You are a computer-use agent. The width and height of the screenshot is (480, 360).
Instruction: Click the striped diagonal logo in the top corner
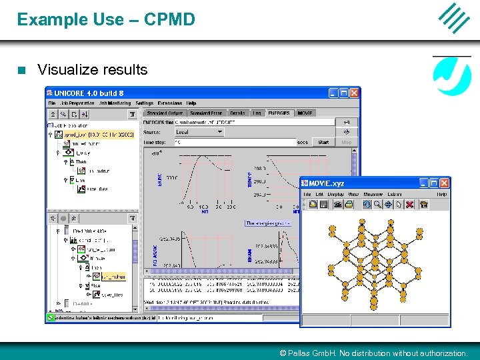[454, 18]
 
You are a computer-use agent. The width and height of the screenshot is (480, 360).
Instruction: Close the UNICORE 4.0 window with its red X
[354, 93]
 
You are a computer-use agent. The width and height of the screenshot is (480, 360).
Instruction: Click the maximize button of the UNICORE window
[343, 93]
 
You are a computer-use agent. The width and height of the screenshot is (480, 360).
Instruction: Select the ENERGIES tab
[279, 113]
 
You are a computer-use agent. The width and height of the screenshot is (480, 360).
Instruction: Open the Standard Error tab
[206, 113]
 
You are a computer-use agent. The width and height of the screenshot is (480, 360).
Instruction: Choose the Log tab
[257, 113]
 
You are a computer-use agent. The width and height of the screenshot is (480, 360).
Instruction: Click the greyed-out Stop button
[346, 142]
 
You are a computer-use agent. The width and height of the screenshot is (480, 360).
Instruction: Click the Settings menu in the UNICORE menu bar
[144, 103]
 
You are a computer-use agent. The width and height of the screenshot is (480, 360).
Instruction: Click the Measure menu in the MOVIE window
[373, 194]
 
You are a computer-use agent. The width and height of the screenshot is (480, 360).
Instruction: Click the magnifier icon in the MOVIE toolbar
[377, 205]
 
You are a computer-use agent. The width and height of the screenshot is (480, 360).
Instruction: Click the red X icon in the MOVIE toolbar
[409, 205]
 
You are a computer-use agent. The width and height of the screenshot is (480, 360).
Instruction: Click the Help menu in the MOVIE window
[441, 194]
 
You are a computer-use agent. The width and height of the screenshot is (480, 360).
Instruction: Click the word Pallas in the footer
[301, 353]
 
